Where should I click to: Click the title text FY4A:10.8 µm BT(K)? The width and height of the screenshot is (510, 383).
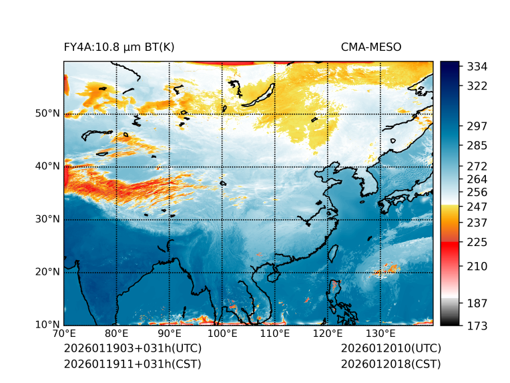pos(119,47)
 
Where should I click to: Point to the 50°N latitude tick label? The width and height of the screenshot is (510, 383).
pos(47,114)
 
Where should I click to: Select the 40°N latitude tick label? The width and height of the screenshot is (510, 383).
pos(47,166)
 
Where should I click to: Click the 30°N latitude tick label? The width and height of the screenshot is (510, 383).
pos(47,219)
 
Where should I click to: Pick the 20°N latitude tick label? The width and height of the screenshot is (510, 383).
pos(47,272)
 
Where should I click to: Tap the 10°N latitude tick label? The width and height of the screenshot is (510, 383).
pos(47,325)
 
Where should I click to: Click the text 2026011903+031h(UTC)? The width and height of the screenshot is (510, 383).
pos(132,349)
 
